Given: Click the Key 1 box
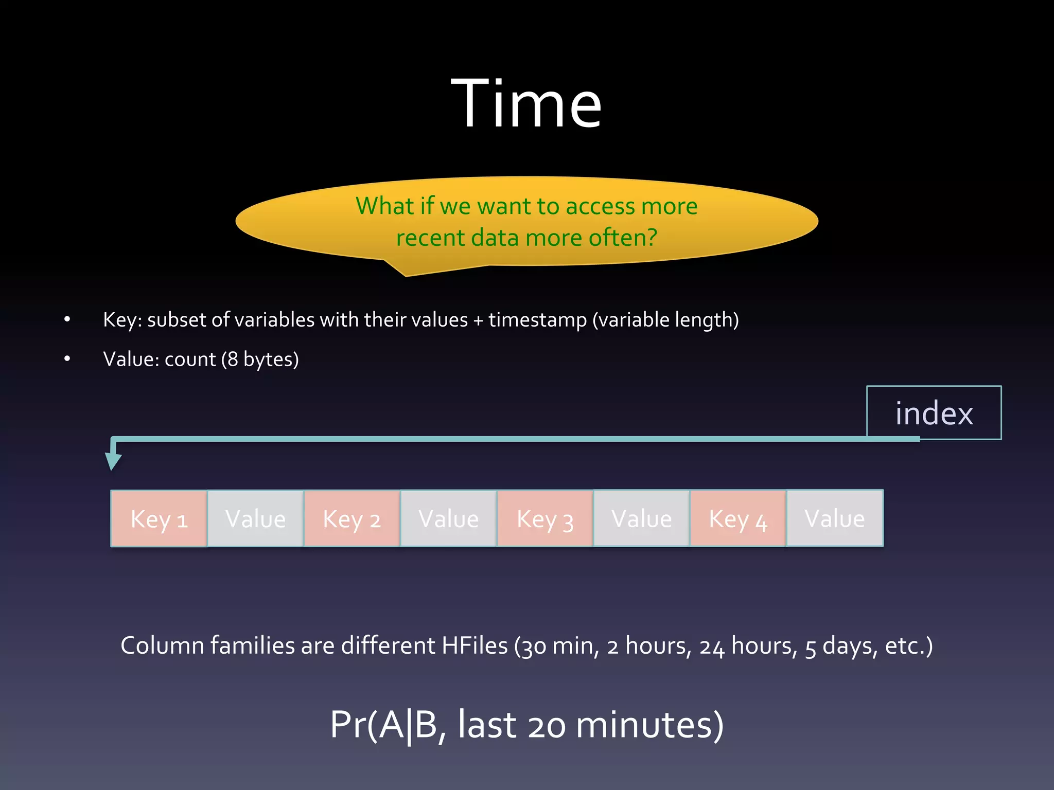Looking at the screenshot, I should (x=159, y=518).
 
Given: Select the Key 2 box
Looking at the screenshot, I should (x=352, y=518).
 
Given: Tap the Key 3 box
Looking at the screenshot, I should (x=545, y=518).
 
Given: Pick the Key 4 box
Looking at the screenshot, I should (x=738, y=518).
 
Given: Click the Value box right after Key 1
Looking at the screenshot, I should (x=255, y=518).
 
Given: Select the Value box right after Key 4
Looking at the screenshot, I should (x=835, y=518).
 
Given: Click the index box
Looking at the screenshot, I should (x=934, y=413).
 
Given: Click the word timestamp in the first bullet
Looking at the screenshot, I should (x=537, y=320).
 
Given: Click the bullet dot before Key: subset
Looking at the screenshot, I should (x=67, y=319).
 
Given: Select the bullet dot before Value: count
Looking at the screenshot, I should (x=67, y=359).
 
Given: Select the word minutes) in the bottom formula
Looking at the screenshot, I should (x=649, y=725).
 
